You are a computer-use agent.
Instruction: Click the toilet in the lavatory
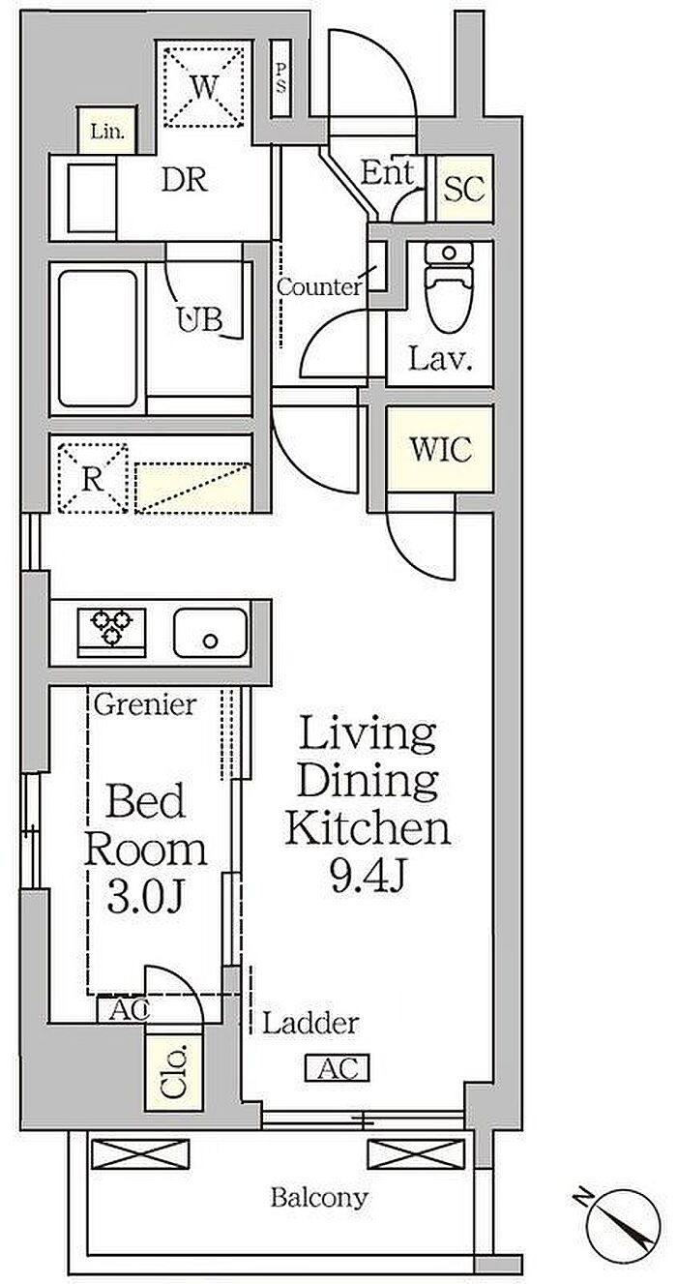449,286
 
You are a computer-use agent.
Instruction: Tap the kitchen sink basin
210,632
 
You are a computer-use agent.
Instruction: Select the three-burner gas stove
111,632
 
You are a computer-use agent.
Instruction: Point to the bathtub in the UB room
98,339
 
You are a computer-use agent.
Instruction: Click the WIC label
440,449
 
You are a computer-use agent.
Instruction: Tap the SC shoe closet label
464,189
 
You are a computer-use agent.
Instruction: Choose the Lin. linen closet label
107,132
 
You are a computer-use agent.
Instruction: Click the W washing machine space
204,86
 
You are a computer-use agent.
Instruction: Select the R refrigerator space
92,478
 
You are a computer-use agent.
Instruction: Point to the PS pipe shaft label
280,78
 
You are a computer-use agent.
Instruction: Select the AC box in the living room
337,1068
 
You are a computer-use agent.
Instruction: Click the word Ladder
310,1023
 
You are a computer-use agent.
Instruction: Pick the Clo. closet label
175,1072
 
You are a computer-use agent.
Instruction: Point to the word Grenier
145,704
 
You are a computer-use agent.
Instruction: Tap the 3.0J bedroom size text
145,897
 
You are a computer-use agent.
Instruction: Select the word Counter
319,286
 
